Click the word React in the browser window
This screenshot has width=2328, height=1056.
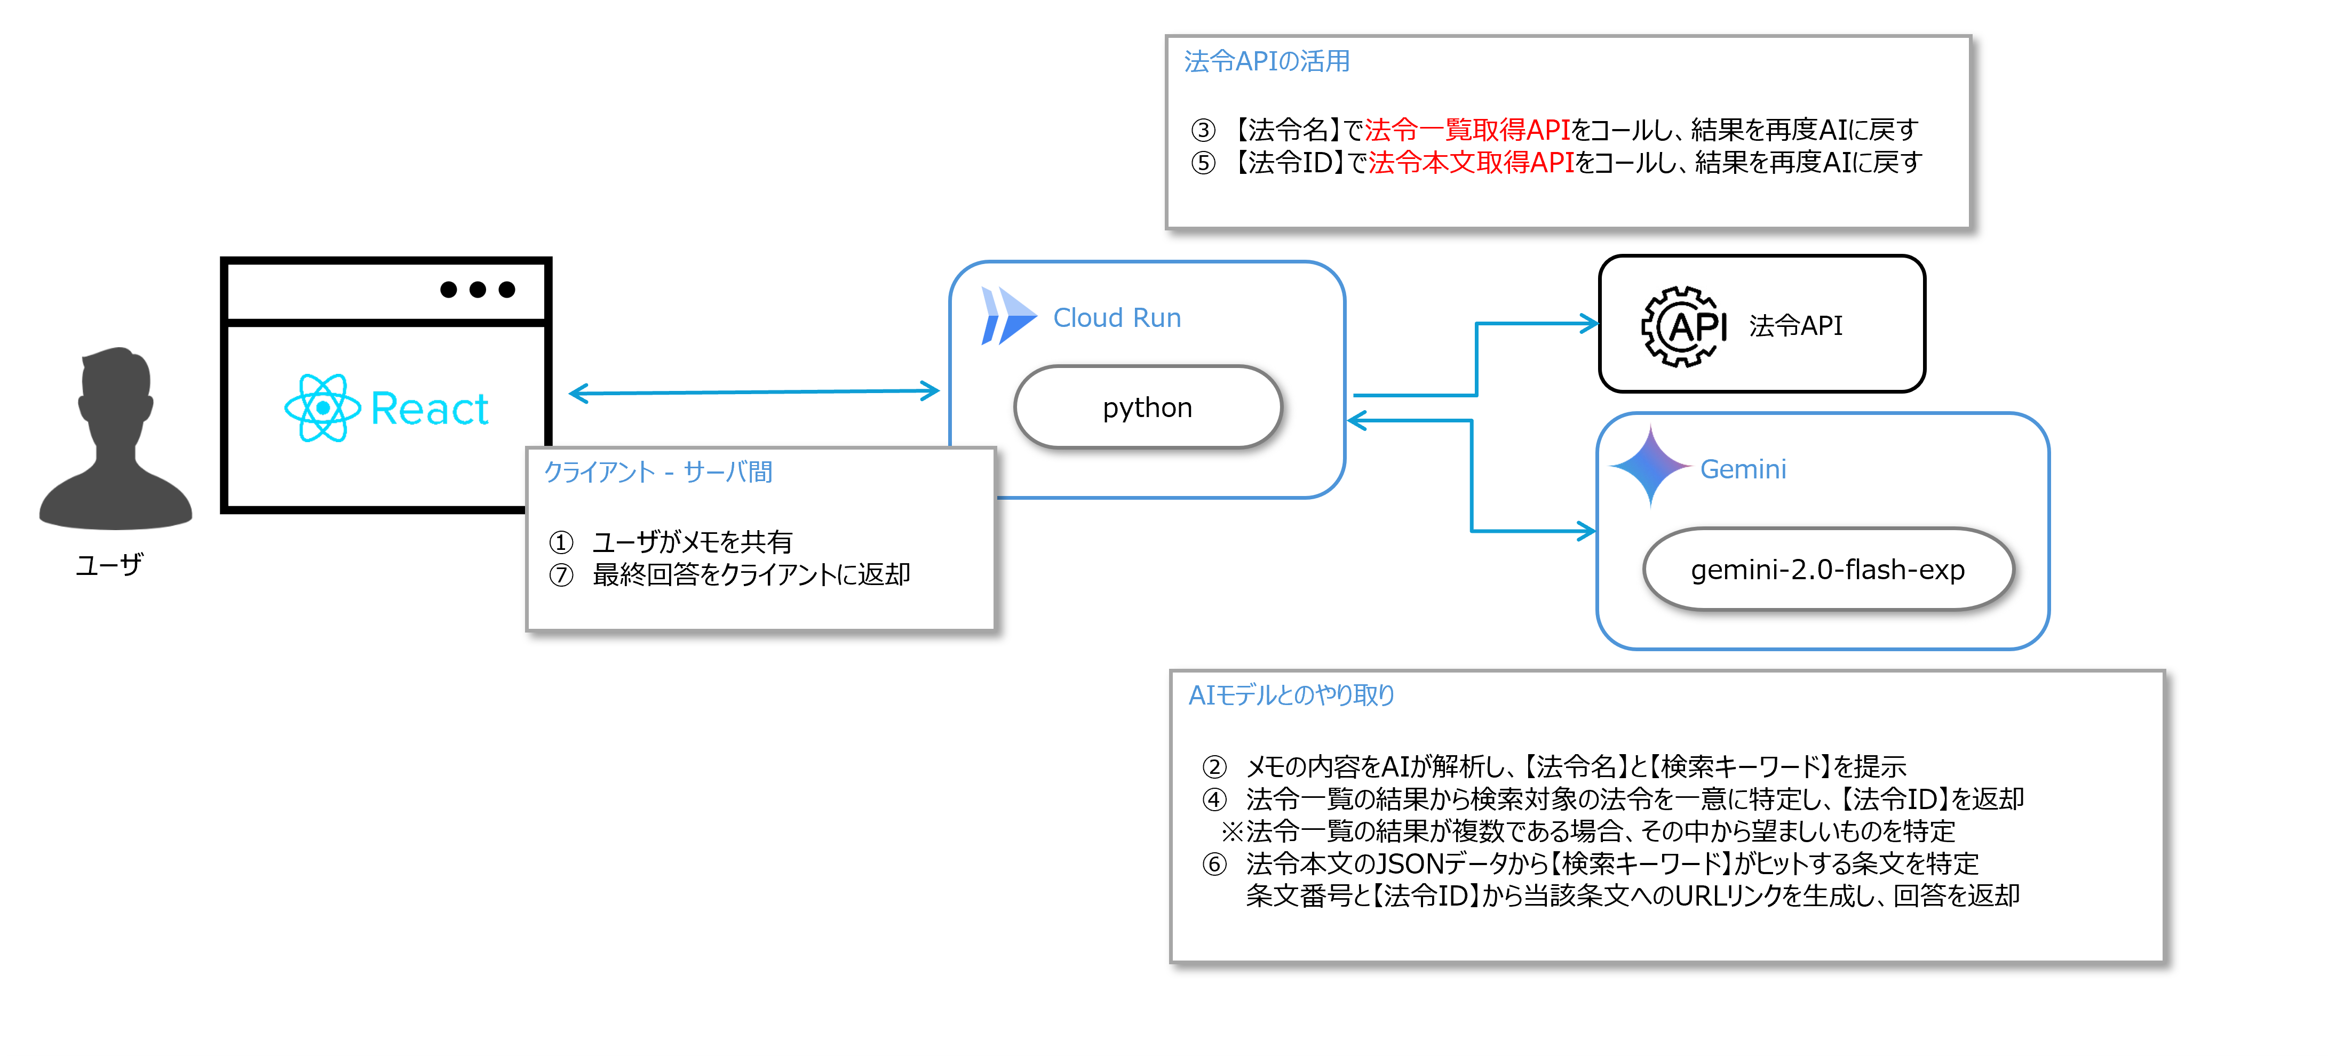coord(430,409)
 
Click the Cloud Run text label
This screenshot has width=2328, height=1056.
coord(1116,318)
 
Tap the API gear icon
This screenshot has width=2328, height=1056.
coord(1683,326)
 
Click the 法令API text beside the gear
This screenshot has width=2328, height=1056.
coord(1795,325)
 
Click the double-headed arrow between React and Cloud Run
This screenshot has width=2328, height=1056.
coord(754,392)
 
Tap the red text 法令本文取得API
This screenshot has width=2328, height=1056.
coord(1471,163)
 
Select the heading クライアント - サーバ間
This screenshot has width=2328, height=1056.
coord(658,471)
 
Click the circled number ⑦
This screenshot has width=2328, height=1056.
coord(561,574)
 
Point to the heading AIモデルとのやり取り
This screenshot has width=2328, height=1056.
coord(1291,694)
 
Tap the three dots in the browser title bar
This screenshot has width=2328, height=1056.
coord(477,289)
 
